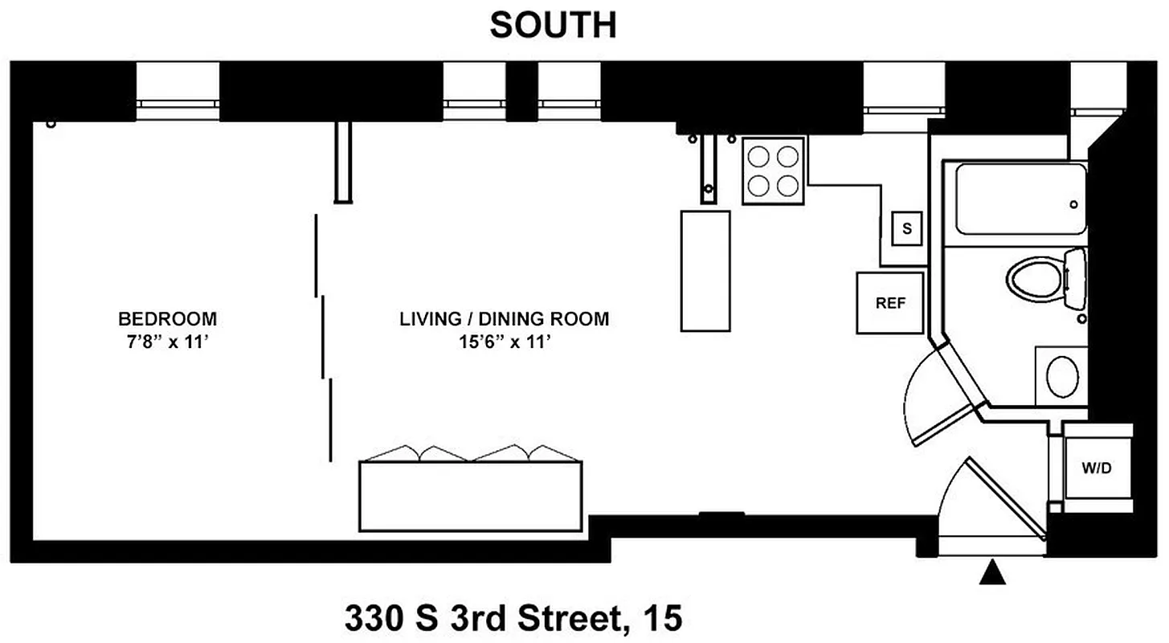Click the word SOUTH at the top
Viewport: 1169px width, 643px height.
(x=553, y=26)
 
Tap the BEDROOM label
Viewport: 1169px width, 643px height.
(x=167, y=318)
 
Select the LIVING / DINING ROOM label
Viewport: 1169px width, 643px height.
(x=504, y=318)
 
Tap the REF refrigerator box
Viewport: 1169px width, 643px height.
(x=890, y=303)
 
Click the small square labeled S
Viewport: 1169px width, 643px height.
(x=907, y=228)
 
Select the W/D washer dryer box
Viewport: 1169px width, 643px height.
(x=1096, y=468)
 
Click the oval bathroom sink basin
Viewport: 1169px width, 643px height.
(x=1064, y=375)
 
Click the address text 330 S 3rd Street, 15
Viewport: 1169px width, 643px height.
(x=513, y=619)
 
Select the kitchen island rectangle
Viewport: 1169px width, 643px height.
(x=705, y=270)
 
